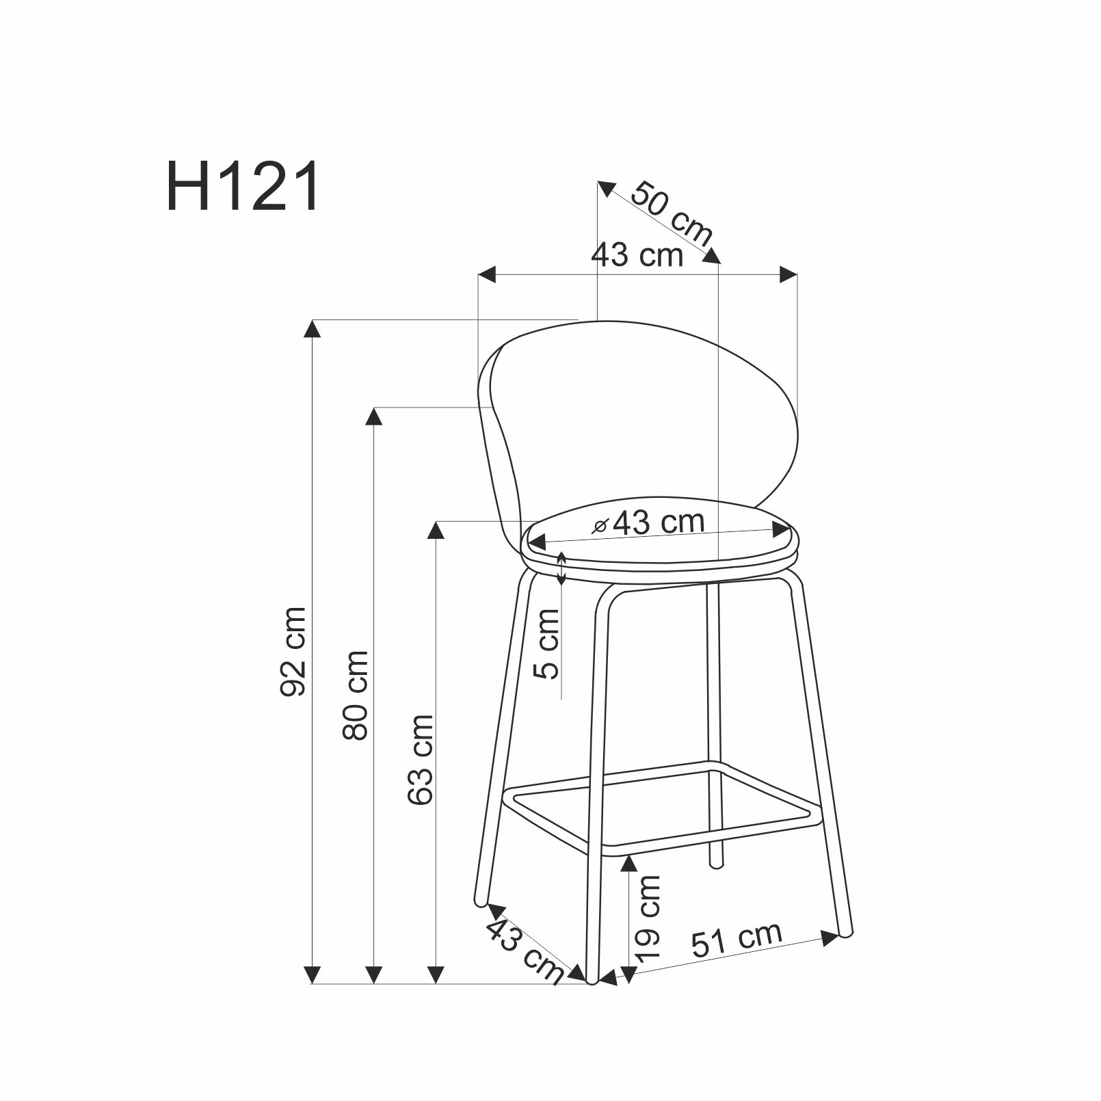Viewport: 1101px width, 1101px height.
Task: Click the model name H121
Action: pos(243,187)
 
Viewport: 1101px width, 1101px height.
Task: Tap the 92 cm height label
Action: pos(293,651)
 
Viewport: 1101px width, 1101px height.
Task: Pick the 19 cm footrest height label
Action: pos(647,916)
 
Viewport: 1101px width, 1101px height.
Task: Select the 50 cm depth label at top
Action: pos(671,213)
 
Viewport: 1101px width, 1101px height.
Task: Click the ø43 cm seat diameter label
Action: pos(650,522)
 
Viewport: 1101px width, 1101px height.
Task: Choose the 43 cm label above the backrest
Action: pos(637,255)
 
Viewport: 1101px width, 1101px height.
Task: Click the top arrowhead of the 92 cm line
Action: pos(312,329)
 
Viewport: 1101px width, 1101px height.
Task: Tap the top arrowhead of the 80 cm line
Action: pos(373,416)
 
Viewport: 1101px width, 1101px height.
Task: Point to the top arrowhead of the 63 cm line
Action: pos(436,530)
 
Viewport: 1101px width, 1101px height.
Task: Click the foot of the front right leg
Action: pos(846,931)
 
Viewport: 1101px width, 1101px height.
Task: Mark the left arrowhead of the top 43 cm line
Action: pos(486,275)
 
